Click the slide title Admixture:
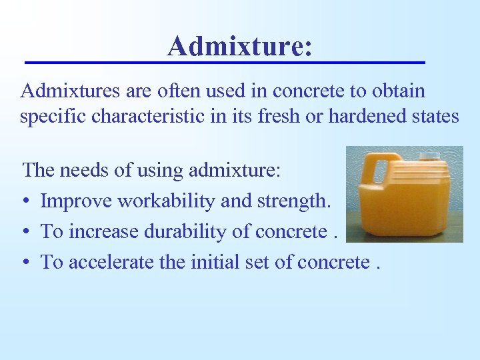(239, 45)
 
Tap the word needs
(82, 170)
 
